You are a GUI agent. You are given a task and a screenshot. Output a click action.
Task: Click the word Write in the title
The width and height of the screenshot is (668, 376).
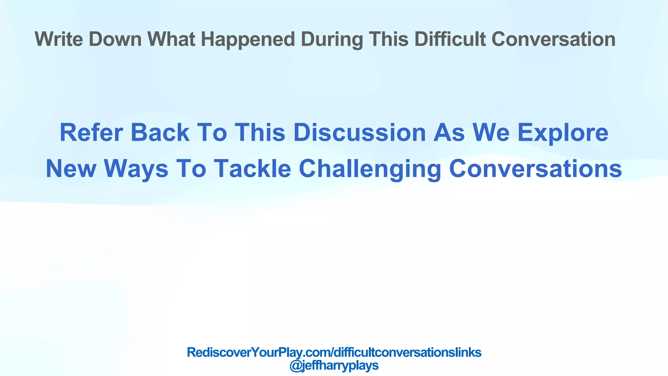[x=59, y=39]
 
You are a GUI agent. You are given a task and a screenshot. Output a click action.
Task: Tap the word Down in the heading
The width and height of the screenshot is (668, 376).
[x=115, y=39]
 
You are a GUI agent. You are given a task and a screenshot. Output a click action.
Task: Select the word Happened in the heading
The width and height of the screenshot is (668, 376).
[x=248, y=39]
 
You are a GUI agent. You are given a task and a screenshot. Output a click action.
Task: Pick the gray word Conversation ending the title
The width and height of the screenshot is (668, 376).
[x=553, y=39]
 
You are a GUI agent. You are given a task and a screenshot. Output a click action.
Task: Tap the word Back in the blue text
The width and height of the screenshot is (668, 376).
[x=160, y=133]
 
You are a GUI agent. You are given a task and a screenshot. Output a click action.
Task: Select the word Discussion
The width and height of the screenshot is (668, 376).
[x=359, y=133]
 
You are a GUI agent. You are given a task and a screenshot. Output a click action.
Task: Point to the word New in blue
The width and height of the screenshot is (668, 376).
[x=71, y=169]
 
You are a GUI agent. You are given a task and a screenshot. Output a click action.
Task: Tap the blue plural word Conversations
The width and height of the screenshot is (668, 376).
[x=535, y=169]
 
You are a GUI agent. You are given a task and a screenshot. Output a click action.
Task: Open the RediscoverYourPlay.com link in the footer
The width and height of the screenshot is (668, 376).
[x=334, y=352]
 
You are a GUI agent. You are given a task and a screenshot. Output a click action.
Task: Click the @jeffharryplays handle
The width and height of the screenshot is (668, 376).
[x=334, y=366]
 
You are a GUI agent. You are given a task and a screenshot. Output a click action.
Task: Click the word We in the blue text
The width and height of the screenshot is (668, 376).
[x=491, y=133]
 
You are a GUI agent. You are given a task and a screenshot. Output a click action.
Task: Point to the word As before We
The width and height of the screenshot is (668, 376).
[x=449, y=133]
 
